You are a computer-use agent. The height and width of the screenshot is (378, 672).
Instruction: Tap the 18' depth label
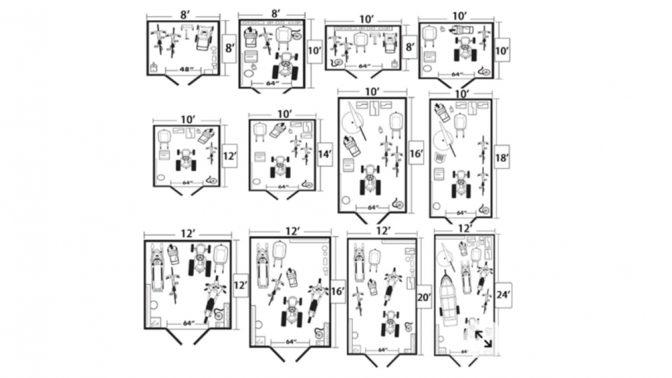[502, 158]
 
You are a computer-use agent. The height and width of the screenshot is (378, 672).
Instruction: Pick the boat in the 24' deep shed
[448, 298]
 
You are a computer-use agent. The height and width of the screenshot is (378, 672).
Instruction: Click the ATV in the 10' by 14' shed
[280, 166]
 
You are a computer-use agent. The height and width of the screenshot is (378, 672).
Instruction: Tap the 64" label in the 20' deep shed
[382, 349]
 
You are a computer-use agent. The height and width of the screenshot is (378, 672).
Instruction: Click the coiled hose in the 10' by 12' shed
[212, 180]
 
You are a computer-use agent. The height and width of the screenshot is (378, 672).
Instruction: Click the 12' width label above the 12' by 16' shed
[292, 231]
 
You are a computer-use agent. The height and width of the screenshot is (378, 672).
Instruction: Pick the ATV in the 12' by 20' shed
[390, 323]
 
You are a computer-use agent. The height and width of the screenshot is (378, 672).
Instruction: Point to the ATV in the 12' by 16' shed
[292, 310]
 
